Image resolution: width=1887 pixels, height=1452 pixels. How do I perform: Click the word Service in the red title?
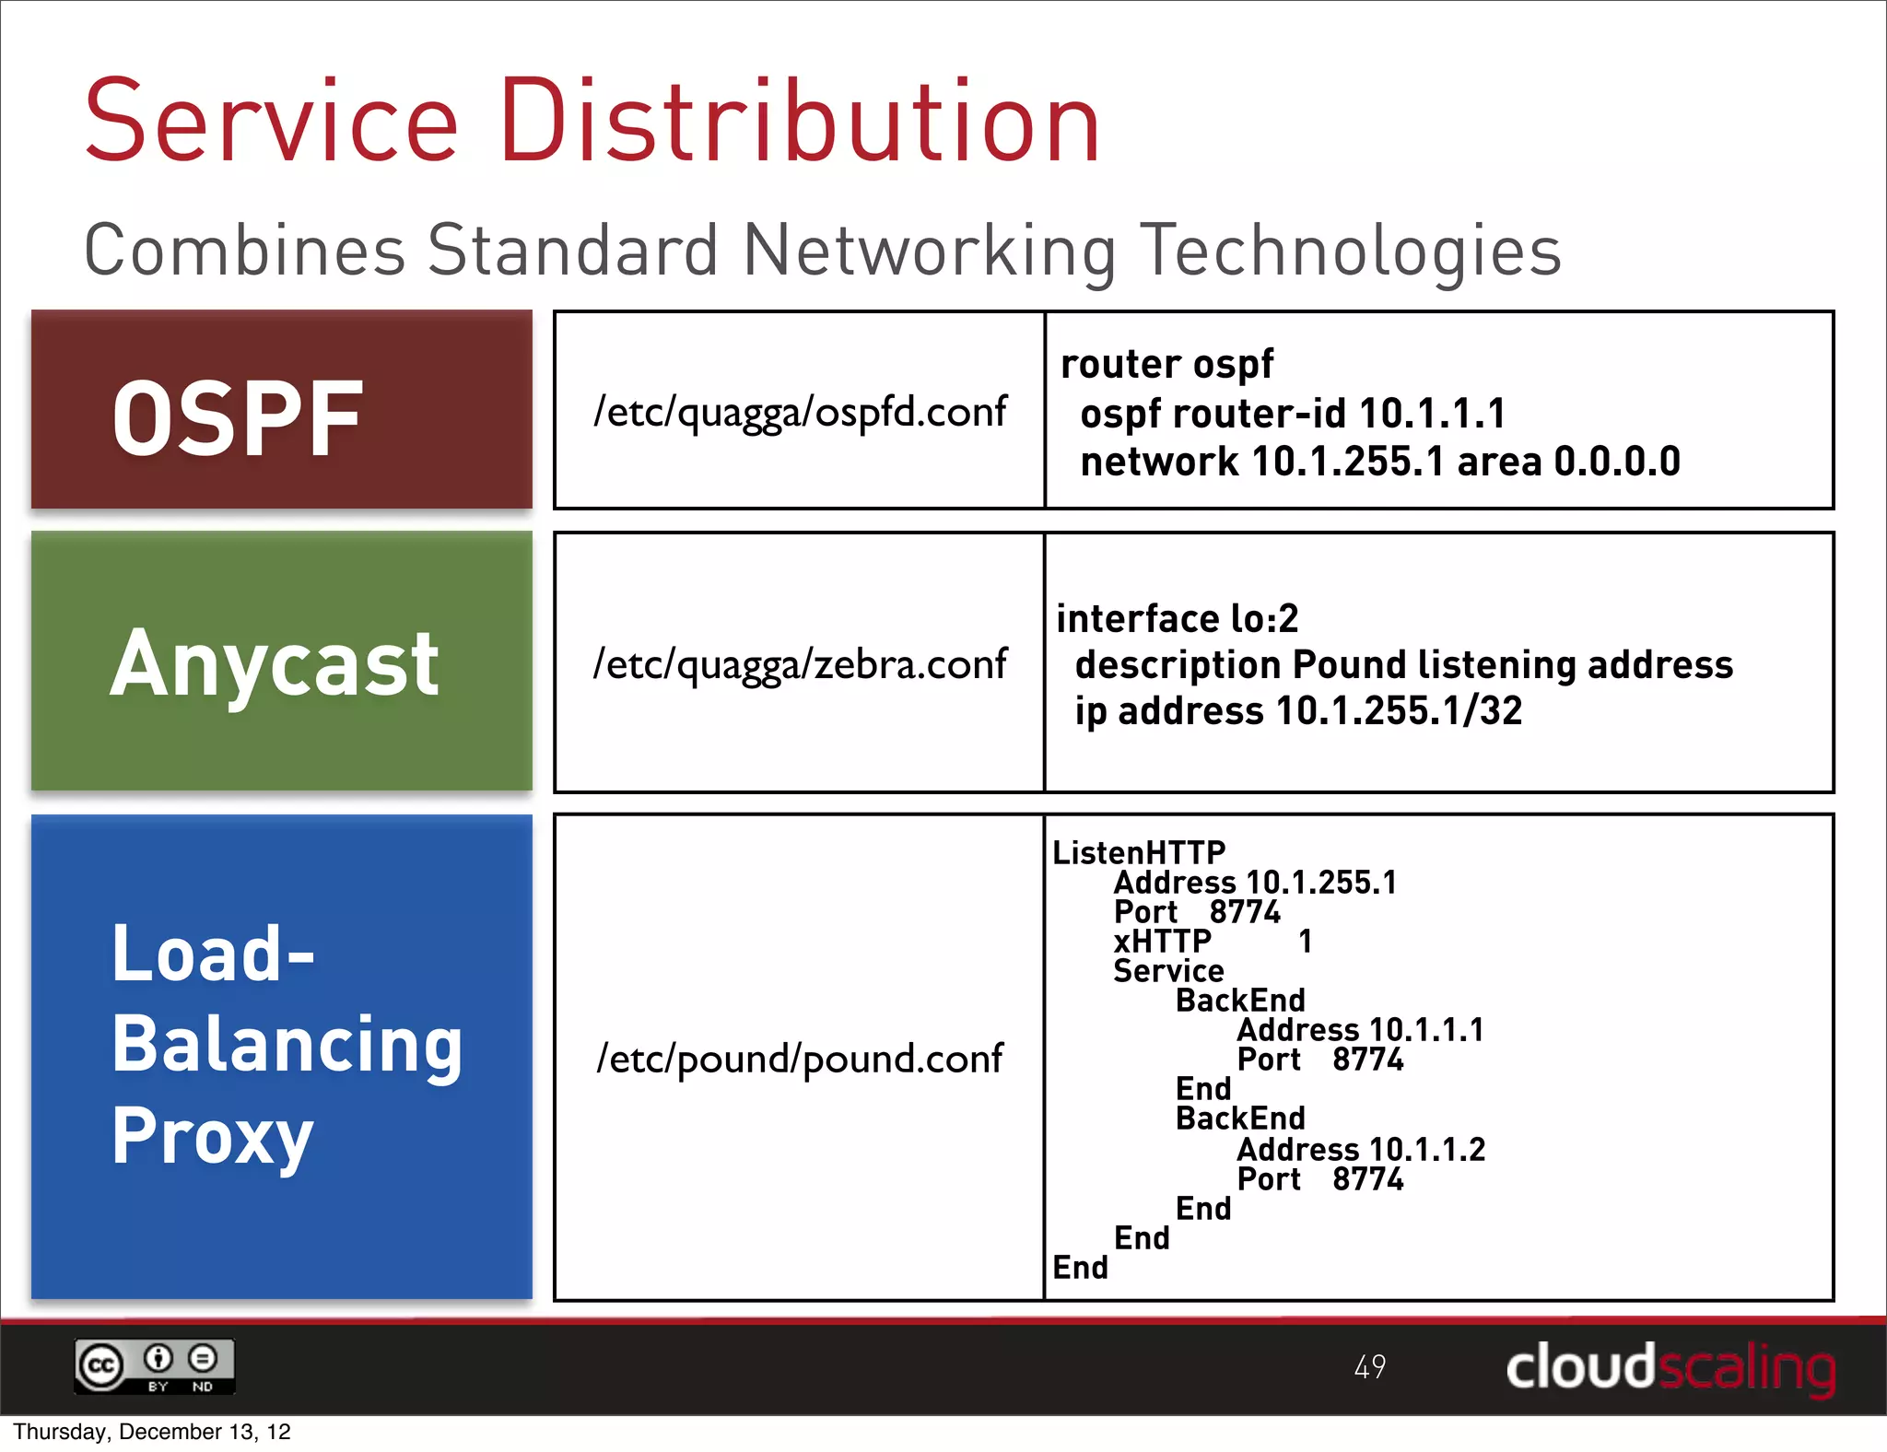(x=272, y=122)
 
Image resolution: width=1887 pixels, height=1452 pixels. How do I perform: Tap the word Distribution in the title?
(x=800, y=122)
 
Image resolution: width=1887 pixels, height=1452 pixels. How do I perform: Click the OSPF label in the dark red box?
(x=238, y=419)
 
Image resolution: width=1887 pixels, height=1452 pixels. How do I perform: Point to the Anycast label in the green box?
(x=275, y=663)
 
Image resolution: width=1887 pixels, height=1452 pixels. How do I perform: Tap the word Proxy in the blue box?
(x=213, y=1137)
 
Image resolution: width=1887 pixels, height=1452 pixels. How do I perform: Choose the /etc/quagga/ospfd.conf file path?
(x=800, y=411)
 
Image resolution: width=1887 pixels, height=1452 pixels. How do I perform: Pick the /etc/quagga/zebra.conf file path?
(x=800, y=663)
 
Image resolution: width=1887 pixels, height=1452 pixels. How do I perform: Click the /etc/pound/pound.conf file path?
(x=800, y=1058)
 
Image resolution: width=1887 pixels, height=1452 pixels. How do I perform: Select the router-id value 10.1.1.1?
(x=1432, y=414)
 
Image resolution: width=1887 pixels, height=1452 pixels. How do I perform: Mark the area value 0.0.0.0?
(x=1617, y=462)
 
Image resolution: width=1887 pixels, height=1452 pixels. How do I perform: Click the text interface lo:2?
(x=1177, y=618)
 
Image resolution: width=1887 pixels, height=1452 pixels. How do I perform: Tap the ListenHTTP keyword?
(x=1139, y=853)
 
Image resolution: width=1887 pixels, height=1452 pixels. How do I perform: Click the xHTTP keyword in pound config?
(x=1162, y=942)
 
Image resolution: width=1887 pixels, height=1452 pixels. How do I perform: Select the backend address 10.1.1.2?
(x=1427, y=1149)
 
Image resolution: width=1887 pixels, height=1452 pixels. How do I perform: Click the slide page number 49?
(x=1369, y=1366)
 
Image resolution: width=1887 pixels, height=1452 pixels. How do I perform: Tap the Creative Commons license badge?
(x=155, y=1366)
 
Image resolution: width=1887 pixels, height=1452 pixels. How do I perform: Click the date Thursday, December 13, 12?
(x=152, y=1432)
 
